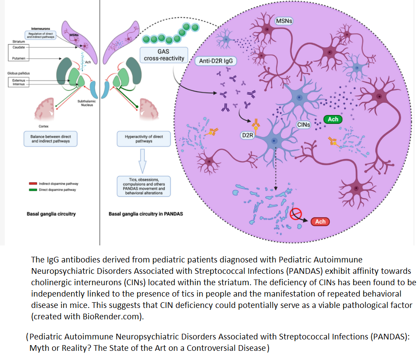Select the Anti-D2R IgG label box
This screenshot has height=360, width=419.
click(x=216, y=61)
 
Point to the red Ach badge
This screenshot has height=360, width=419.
click(x=320, y=222)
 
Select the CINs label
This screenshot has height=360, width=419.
click(x=304, y=125)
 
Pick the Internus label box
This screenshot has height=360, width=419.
click(x=19, y=84)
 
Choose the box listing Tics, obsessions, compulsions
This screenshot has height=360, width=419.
click(x=143, y=186)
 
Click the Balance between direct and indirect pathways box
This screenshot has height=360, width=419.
click(x=48, y=139)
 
